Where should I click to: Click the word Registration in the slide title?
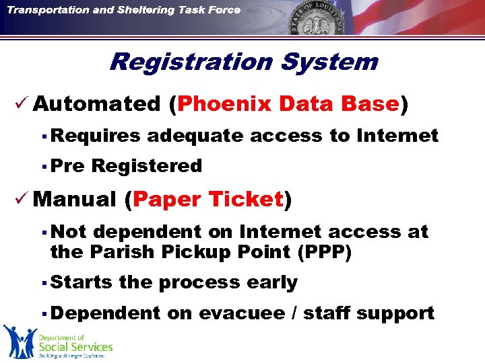190,63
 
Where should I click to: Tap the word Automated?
96,104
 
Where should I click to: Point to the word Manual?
74,200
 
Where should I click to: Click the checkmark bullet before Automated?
21,104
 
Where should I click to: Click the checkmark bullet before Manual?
21,200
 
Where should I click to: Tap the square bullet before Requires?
42,136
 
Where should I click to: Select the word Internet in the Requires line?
397,136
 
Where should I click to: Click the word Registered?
146,166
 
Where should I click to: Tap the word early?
272,283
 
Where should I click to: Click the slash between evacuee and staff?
296,314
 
